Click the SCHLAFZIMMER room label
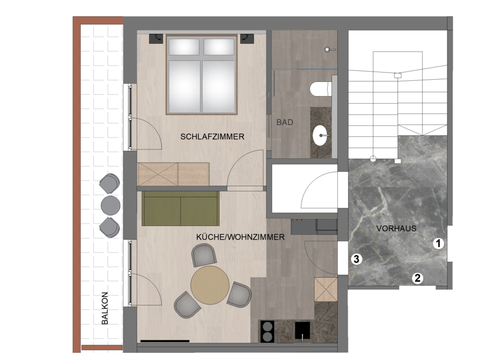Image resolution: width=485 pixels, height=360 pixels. tap(212, 136)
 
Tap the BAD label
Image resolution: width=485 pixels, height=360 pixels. tap(284, 122)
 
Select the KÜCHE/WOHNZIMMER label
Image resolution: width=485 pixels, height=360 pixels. tap(240, 237)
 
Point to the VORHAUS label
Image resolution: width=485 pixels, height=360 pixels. tap(396, 229)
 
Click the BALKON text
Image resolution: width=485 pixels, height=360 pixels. tap(105, 308)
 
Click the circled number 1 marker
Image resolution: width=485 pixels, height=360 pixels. tap(438, 244)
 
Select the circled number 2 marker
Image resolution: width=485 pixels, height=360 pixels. tap(417, 278)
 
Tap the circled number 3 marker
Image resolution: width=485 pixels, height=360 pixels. tap(356, 259)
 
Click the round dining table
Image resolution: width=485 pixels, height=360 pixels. tap(210, 285)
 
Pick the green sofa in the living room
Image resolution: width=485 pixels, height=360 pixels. tap(180, 208)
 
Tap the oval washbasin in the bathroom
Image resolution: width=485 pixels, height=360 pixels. tap(320, 136)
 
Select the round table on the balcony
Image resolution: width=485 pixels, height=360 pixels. tap(111, 205)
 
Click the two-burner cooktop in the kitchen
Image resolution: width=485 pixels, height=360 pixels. tap(267, 331)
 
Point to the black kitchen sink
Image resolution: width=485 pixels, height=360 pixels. tap(302, 331)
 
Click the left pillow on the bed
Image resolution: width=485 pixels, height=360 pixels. tap(184, 47)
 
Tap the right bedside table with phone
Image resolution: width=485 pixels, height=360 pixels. tap(247, 38)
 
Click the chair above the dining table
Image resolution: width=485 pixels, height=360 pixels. tap(204, 255)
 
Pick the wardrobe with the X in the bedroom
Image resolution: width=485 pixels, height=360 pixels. tap(157, 175)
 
